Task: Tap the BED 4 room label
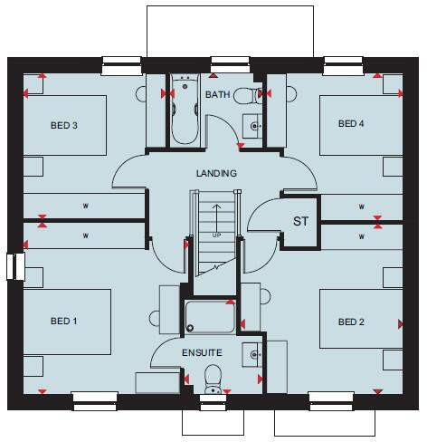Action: click(x=351, y=123)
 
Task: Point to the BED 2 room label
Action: click(x=351, y=322)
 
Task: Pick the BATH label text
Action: click(x=217, y=94)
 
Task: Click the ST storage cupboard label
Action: click(x=299, y=221)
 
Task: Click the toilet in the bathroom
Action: click(x=244, y=95)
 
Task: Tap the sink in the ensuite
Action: click(x=253, y=355)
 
